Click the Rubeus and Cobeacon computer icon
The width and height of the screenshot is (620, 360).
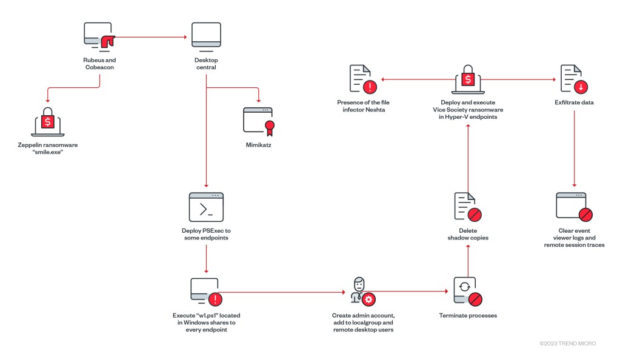click(x=99, y=38)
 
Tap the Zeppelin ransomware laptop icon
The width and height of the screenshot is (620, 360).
click(x=47, y=121)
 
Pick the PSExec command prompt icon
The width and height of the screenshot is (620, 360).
click(x=206, y=207)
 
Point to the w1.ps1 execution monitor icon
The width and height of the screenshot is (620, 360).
click(x=206, y=292)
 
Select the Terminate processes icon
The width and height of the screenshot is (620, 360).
click(x=467, y=292)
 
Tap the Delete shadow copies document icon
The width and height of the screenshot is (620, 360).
click(x=467, y=206)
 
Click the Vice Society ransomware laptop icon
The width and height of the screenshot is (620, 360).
click(x=467, y=79)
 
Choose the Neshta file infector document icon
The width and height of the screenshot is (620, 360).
click(x=362, y=79)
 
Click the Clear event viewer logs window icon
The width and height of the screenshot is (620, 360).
click(x=573, y=207)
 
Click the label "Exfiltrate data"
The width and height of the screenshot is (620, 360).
click(x=573, y=102)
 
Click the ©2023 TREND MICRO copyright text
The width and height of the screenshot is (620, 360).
click(x=567, y=344)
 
